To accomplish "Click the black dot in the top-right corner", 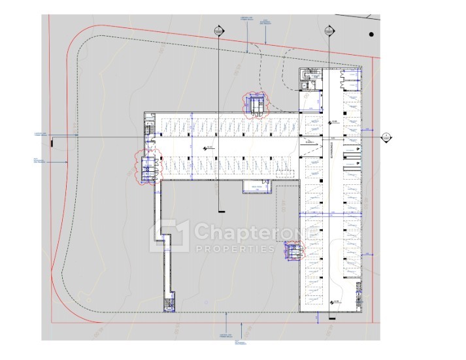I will (x=371, y=34).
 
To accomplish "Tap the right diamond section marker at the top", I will (x=327, y=31).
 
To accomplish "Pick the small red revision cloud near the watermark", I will (x=291, y=250).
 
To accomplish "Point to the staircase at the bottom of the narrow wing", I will (x=169, y=304).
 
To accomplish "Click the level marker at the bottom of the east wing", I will (x=334, y=301).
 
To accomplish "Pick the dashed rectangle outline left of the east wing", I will (x=286, y=216).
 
